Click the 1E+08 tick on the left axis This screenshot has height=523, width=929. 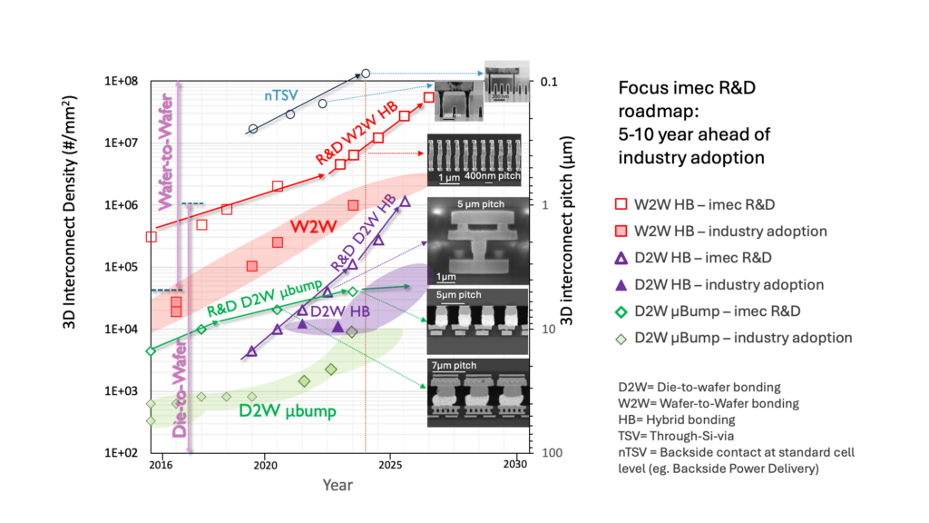118,81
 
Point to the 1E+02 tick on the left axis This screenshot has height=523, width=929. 118,452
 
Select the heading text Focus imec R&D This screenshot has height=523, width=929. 683,88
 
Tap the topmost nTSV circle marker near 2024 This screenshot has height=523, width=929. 366,74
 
